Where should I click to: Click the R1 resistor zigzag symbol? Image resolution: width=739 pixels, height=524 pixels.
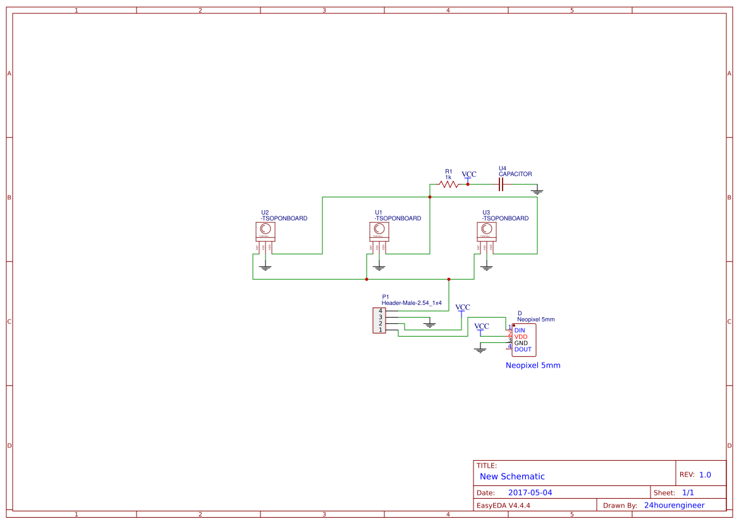point(448,185)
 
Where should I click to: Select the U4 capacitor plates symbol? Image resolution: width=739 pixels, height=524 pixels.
point(501,185)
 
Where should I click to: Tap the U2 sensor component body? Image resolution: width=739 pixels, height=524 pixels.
point(266,232)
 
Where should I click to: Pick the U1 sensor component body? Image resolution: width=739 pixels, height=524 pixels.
point(379,232)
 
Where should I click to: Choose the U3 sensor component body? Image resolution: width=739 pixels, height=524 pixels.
point(487,232)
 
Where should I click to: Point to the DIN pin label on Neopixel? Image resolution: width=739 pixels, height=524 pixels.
point(520,330)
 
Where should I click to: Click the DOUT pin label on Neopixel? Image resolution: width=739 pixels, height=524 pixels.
point(523,349)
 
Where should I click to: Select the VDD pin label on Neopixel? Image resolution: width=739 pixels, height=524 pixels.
point(521,337)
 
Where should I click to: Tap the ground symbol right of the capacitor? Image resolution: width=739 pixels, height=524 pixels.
point(537,190)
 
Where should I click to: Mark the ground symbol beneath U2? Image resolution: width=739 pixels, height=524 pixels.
point(266,268)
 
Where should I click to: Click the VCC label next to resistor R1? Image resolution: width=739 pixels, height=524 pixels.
point(468,174)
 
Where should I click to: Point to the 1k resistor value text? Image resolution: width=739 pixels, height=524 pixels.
point(448,177)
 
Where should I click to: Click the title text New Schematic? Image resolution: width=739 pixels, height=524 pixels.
point(512,477)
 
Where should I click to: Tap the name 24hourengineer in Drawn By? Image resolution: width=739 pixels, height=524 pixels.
point(674,505)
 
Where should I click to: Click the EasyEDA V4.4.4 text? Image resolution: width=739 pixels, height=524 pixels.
point(503,505)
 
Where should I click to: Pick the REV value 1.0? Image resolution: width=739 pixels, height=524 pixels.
point(705,475)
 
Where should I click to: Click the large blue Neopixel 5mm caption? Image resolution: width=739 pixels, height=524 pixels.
point(533,365)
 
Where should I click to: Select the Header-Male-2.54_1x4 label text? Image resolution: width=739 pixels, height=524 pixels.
point(412,303)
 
